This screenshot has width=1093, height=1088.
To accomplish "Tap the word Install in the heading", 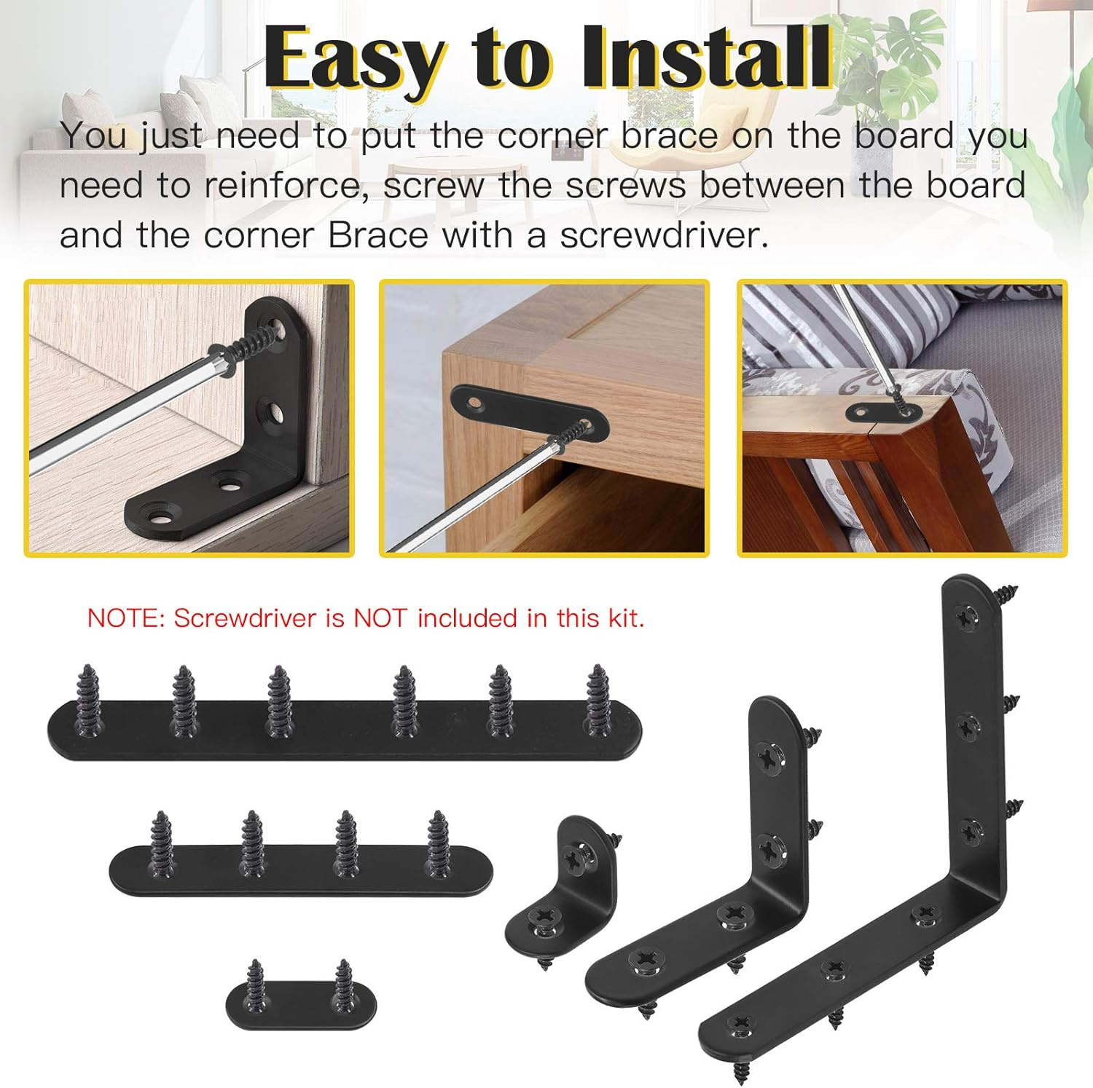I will (x=705, y=57).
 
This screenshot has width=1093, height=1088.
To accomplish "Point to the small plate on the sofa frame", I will (x=884, y=413).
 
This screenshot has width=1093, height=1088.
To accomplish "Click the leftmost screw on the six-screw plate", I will (x=89, y=699).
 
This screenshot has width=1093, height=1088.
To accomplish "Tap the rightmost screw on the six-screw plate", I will (x=599, y=699).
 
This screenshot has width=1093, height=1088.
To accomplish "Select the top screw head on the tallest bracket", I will (x=968, y=618).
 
